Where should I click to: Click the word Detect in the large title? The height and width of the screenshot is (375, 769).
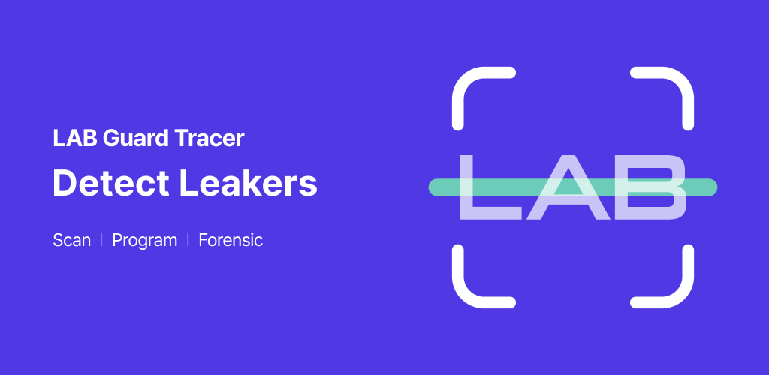(x=111, y=183)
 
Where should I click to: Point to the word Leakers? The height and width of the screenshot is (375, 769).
(x=249, y=183)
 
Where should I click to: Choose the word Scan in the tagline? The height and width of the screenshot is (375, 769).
(x=71, y=240)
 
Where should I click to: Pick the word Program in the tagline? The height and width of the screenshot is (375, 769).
(x=145, y=241)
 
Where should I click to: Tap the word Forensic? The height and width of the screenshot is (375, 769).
(x=231, y=240)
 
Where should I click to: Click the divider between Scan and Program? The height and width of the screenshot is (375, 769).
(x=101, y=240)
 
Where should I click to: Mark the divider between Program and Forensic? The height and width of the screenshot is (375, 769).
(x=188, y=240)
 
